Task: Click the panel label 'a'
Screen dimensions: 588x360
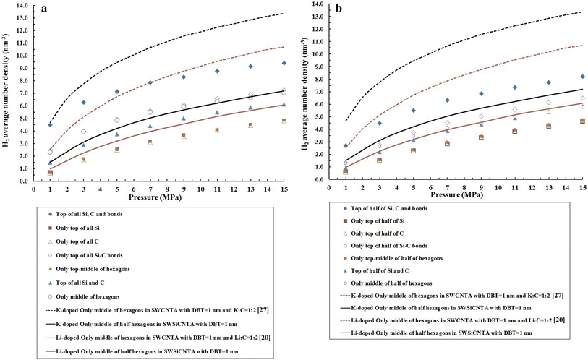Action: click(44, 9)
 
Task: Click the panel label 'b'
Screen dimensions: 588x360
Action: click(339, 8)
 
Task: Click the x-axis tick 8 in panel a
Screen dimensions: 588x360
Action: click(167, 189)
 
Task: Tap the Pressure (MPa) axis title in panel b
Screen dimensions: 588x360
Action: click(457, 194)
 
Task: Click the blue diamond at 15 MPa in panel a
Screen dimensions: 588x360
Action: click(284, 63)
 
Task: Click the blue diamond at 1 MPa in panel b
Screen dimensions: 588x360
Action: click(346, 145)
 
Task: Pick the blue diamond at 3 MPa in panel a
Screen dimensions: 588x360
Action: click(84, 103)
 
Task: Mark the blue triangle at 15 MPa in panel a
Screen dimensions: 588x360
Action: click(284, 105)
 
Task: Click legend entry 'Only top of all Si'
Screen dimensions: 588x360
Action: click(77, 228)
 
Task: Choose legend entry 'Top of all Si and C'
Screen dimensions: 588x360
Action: click(80, 283)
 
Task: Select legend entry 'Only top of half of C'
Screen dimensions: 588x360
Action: click(378, 233)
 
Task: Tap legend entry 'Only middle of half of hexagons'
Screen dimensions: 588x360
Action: click(391, 283)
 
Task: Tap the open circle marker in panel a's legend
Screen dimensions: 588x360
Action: click(50, 296)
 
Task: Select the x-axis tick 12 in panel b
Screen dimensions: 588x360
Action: click(532, 187)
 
